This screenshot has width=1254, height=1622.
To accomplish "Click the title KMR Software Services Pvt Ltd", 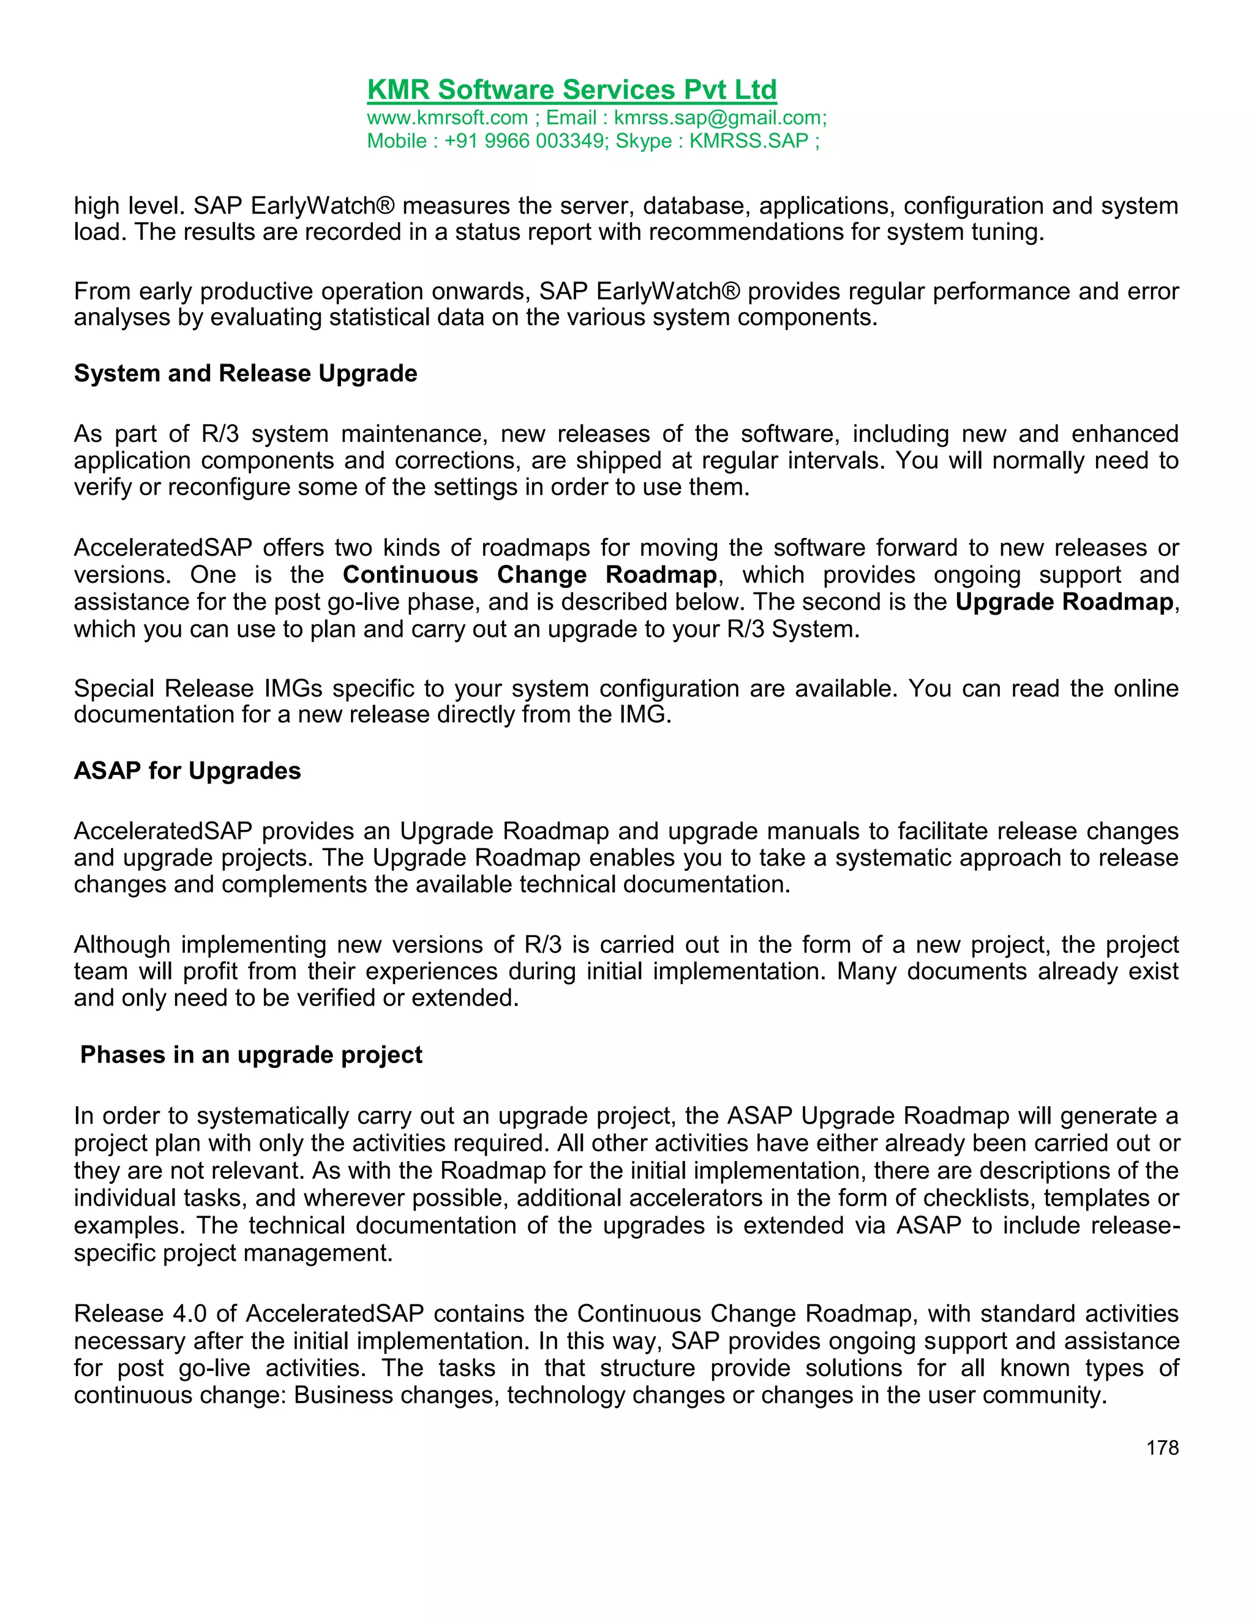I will coord(571,90).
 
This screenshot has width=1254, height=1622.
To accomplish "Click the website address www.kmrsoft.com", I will coord(447,118).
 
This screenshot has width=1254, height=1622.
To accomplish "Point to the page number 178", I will coord(1162,1448).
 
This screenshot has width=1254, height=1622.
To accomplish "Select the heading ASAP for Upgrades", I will coord(187,771).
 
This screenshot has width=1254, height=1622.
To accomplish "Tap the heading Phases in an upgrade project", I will coord(251,1055).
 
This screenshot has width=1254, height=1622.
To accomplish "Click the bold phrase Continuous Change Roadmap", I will coord(530,575).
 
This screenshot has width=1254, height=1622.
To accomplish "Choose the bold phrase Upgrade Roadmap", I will coord(1064,602).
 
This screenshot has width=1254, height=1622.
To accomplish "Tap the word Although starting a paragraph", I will coord(122,944).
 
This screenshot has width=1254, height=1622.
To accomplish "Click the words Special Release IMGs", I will coord(198,689).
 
